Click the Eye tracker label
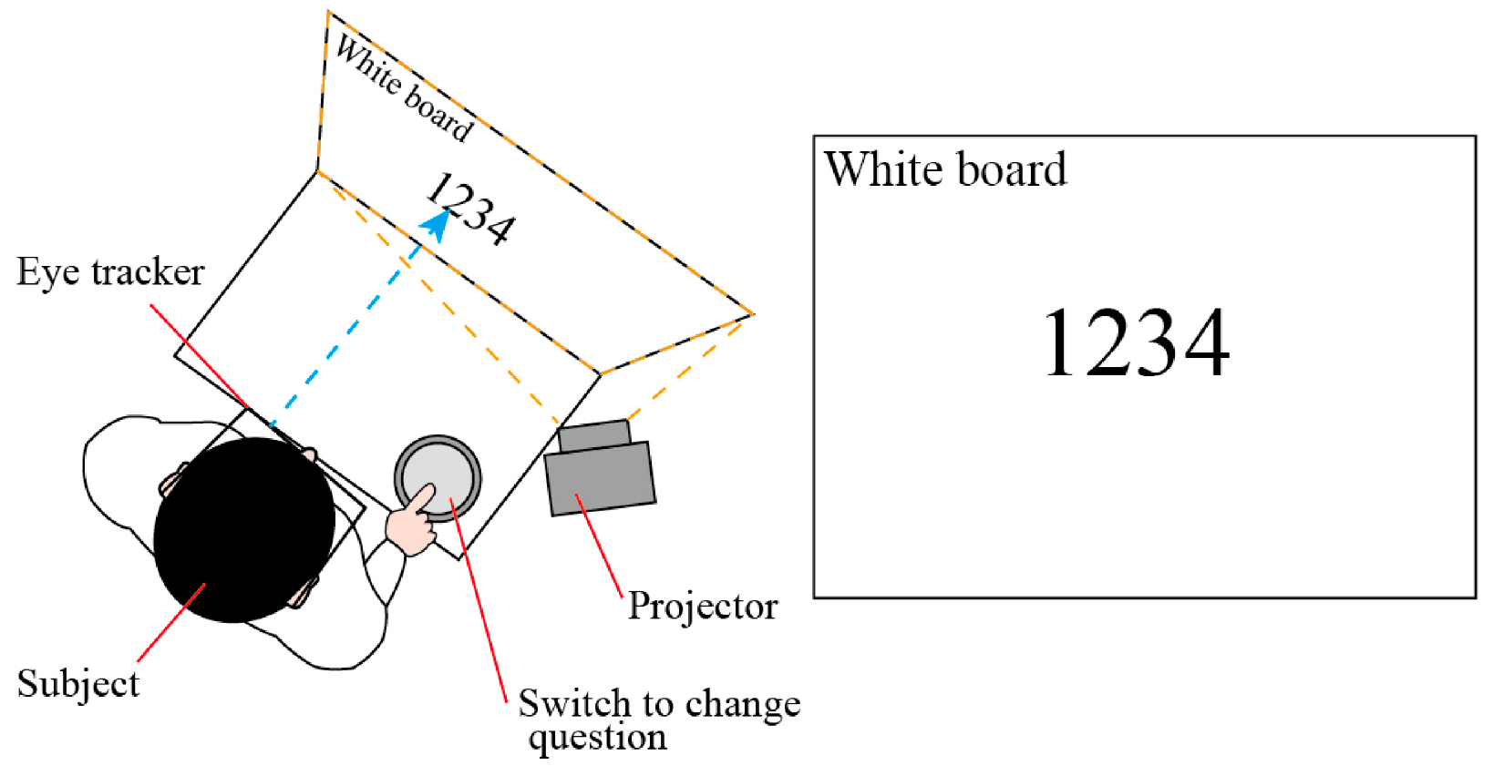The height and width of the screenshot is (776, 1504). pyautogui.click(x=110, y=272)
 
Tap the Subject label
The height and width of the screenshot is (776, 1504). pyautogui.click(x=78, y=684)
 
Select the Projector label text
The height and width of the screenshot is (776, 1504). pyautogui.click(x=703, y=607)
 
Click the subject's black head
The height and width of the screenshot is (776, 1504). pyautogui.click(x=243, y=530)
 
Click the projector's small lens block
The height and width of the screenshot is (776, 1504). pyautogui.click(x=593, y=434)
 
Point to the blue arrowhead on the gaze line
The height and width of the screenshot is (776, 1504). pyautogui.click(x=437, y=224)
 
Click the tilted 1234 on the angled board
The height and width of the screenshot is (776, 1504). pyautogui.click(x=470, y=209)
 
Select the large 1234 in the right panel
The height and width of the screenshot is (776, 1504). pyautogui.click(x=1136, y=343)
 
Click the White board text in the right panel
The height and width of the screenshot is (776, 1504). pyautogui.click(x=945, y=169)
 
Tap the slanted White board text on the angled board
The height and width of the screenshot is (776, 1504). pyautogui.click(x=404, y=88)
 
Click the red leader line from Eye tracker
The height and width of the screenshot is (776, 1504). pyautogui.click(x=199, y=355)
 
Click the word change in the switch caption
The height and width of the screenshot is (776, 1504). pyautogui.click(x=743, y=705)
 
